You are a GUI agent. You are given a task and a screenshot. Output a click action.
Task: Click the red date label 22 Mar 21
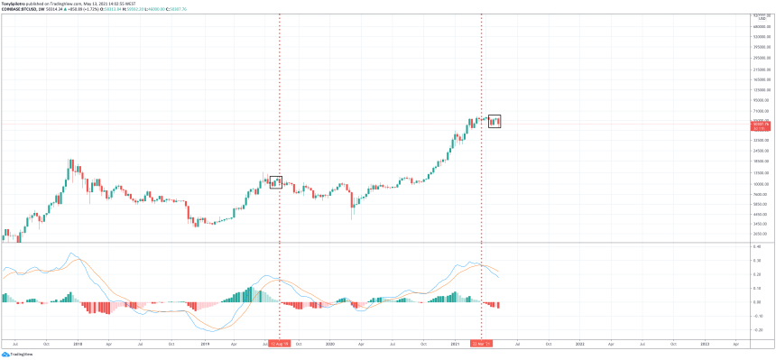coord(481,344)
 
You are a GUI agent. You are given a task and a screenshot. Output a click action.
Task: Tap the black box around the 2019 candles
coord(276,182)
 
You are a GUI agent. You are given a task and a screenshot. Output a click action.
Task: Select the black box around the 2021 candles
coord(494,121)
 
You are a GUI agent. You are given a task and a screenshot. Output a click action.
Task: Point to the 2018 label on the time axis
coord(77,344)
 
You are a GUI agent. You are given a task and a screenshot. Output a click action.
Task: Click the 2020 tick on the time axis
coord(329,344)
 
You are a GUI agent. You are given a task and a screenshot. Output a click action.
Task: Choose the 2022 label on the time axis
coord(579,344)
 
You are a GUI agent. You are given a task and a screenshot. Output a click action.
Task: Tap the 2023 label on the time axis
coord(705,344)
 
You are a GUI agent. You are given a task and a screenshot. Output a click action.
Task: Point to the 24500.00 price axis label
coord(761,151)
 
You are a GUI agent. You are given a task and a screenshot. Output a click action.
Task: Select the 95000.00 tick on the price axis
coord(761,101)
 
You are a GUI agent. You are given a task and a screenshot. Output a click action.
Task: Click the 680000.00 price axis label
coord(761,25)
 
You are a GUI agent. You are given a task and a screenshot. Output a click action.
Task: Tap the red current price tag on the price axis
coord(761,125)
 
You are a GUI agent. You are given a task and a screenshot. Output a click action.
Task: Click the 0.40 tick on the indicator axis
coord(759,245)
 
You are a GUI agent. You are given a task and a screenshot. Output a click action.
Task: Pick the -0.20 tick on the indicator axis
coord(759,330)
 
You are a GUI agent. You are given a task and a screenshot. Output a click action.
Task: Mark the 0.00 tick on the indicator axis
coord(759,302)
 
